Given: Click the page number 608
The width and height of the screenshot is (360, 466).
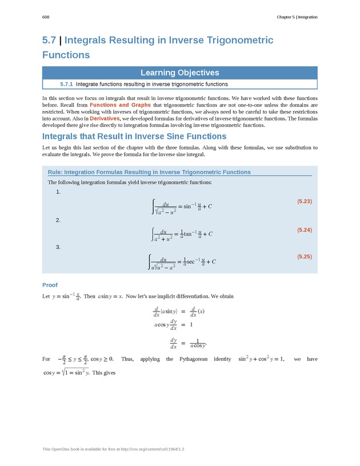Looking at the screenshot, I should coord(46,17).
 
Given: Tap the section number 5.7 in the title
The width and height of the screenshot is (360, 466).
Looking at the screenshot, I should coord(50,41).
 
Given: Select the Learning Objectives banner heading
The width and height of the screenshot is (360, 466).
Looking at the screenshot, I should coord(180,73).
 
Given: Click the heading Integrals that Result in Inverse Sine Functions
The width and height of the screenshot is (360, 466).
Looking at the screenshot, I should coord(134,137).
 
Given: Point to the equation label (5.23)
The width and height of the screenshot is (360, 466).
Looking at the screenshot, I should coord(304,201).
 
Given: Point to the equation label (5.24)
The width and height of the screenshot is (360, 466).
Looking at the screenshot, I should coord(304,229).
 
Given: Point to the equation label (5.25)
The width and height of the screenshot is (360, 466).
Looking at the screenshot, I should coord(304,257).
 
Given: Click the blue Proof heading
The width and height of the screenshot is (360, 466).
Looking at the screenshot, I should coord(50,285).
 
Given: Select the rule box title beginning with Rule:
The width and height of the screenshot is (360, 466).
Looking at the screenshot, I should coord(149,172).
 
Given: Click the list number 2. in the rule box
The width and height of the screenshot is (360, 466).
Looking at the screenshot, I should coord(58,220).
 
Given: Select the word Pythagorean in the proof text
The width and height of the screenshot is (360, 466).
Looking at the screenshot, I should coord(197,359).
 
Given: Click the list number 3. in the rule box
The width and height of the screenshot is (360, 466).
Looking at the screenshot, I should coord(58,247).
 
